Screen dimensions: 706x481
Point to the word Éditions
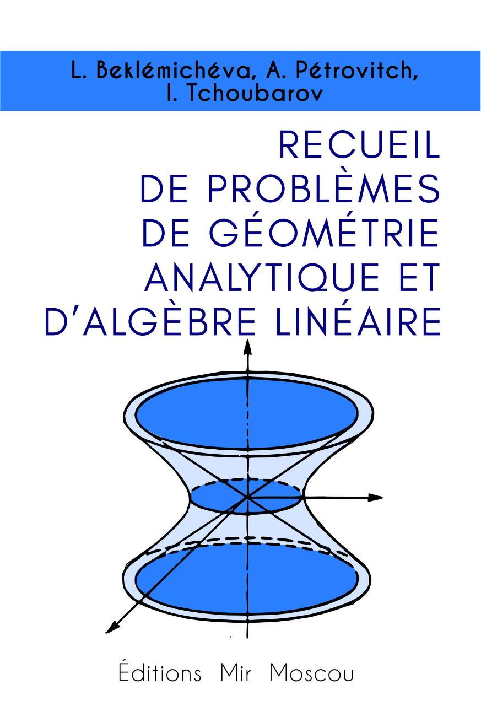(x=160, y=673)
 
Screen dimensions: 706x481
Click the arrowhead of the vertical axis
(x=248, y=347)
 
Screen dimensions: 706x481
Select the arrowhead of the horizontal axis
(x=376, y=498)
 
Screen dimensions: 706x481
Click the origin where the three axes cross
(x=248, y=497)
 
